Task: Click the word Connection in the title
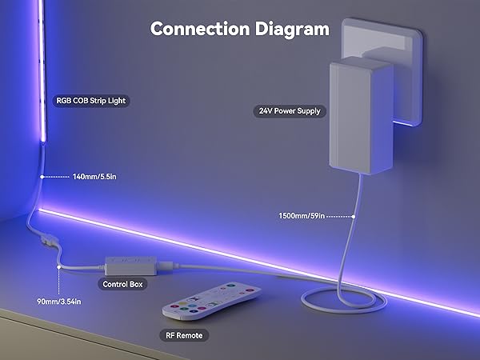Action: [200, 29]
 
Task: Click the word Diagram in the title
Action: [292, 30]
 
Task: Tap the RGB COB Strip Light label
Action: [91, 101]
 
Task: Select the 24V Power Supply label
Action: [290, 111]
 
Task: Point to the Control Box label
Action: [122, 284]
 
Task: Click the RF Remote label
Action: [184, 335]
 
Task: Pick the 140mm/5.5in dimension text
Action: [94, 177]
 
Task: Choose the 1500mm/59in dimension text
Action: [302, 216]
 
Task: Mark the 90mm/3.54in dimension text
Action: [59, 302]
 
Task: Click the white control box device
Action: [131, 266]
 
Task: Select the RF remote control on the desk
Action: [211, 301]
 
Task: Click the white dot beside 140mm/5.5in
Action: [42, 177]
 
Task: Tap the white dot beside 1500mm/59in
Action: [354, 217]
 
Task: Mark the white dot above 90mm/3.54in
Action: [58, 267]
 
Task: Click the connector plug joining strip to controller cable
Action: [47, 239]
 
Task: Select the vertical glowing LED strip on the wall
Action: [42, 70]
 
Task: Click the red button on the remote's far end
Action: [250, 290]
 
